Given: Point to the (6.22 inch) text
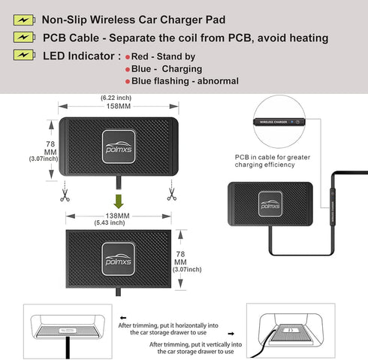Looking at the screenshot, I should [119, 98].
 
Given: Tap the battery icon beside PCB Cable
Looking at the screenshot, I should [22, 37].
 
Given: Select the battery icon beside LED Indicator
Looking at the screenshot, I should [22, 55].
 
